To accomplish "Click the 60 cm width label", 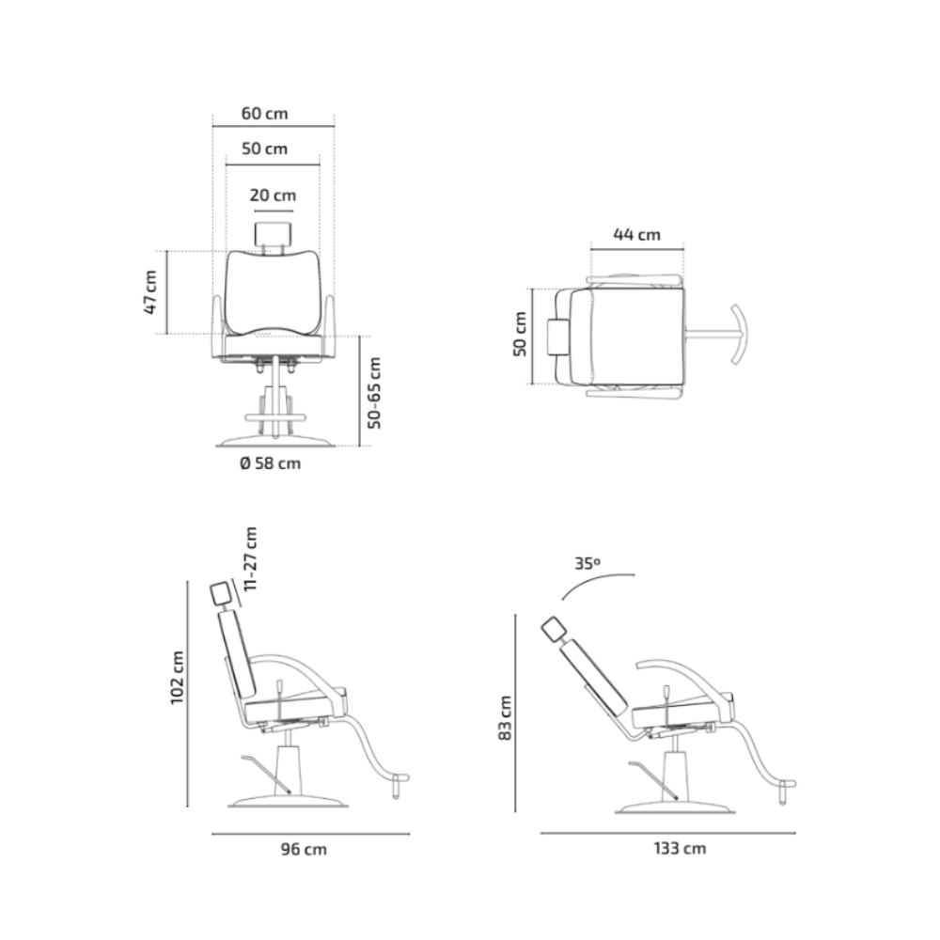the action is point(264,114).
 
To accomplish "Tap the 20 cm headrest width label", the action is point(273,196).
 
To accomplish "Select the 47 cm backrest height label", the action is point(150,292).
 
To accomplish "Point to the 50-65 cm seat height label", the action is point(374,393).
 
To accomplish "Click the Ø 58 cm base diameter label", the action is point(271,463).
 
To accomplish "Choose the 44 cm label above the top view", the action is point(636,234).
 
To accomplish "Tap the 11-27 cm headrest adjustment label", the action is point(251,558).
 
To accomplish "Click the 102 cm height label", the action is point(178,678).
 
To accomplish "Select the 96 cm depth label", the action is point(304,849).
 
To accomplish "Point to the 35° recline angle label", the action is point(587,563).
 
